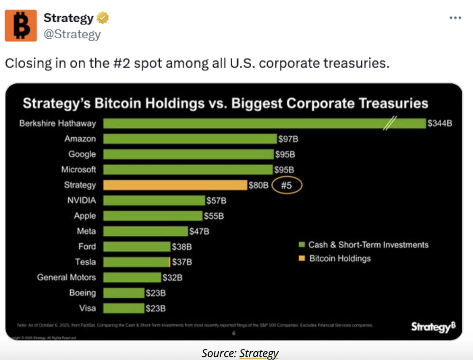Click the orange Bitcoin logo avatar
(21, 26)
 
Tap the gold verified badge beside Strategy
(103, 18)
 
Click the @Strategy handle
(72, 34)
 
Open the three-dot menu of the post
(455, 18)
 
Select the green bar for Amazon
(190, 139)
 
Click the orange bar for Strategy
(175, 185)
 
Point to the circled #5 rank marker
(287, 185)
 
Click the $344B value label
(440, 124)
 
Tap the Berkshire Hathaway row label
(58, 124)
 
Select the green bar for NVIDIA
(154, 200)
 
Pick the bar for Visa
(124, 308)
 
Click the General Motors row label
(66, 277)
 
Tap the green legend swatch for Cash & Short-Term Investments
(301, 245)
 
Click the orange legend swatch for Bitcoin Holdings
(301, 258)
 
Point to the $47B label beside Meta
(199, 231)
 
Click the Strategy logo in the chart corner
(433, 327)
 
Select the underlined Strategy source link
(259, 353)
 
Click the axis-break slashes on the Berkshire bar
(390, 124)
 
